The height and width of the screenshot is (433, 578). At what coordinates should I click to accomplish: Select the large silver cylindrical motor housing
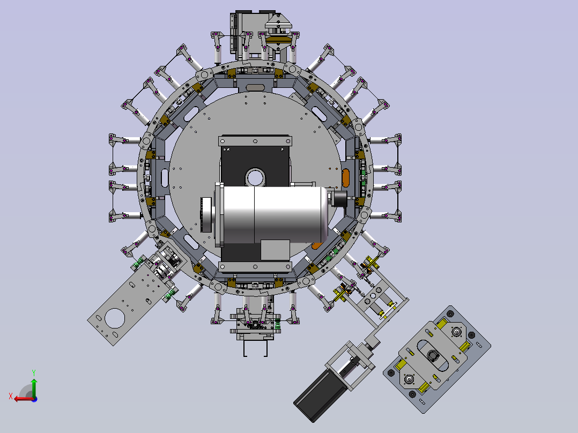coord(275,215)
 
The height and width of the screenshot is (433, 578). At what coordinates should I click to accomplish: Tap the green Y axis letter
coord(34,372)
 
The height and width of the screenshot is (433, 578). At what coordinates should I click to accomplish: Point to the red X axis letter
coord(11,397)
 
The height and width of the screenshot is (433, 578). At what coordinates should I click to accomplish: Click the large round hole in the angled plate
coord(115,318)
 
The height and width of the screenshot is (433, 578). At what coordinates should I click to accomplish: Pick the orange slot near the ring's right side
coord(345,178)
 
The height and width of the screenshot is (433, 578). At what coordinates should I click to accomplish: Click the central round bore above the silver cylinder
coord(255,178)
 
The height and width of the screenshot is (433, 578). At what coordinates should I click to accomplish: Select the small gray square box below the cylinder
coord(275,250)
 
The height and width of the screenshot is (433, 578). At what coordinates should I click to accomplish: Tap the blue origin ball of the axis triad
coord(34,399)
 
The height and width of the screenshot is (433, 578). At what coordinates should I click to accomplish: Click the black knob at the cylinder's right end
coord(340,198)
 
